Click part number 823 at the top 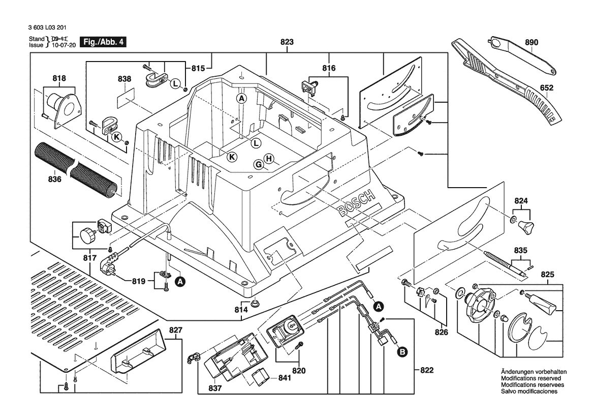(x=287, y=42)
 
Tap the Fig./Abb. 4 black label (x=103, y=42)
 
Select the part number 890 (x=532, y=42)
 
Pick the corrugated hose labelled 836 (x=76, y=169)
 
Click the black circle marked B (x=402, y=352)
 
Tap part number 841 (x=285, y=378)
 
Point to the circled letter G (x=259, y=165)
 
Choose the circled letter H (x=269, y=159)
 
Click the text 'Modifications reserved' (x=530, y=378)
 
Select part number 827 (x=176, y=330)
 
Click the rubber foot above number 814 (x=256, y=303)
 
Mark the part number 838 (x=124, y=79)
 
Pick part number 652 (x=547, y=88)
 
